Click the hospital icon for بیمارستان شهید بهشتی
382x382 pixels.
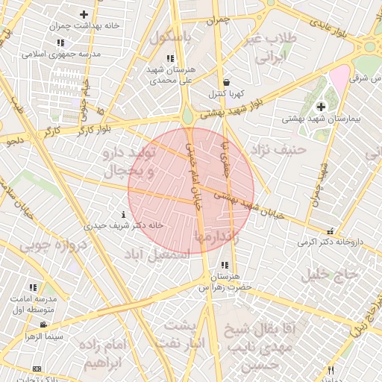[x=322, y=107]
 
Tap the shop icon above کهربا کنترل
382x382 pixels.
[x=226, y=83]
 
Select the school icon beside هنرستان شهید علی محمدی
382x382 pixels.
[x=171, y=58]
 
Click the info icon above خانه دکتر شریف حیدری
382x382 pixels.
[x=123, y=215]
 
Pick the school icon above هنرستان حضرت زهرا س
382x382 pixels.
[x=225, y=265]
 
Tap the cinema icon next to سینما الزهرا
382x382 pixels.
[x=44, y=325]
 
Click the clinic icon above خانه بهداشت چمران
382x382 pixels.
[x=84, y=14]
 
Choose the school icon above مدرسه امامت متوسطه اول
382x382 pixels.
[x=33, y=286]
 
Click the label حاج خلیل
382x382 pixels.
[x=331, y=275]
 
